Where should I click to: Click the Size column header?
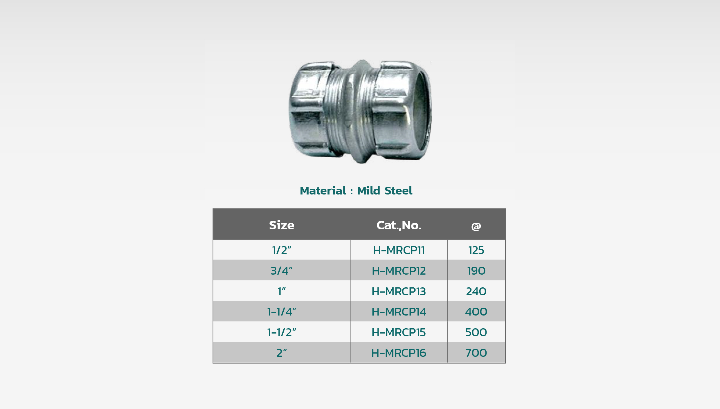pos(281,225)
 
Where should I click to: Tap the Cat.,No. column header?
pos(399,225)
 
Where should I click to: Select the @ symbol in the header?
pos(476,226)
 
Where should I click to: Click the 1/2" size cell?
pos(281,250)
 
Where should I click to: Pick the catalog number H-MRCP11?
pos(399,250)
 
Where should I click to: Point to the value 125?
pos(476,250)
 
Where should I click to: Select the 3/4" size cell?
pos(281,271)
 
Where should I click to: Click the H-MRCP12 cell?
pos(399,271)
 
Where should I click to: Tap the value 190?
pos(476,271)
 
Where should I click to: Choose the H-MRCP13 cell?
pos(399,291)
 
